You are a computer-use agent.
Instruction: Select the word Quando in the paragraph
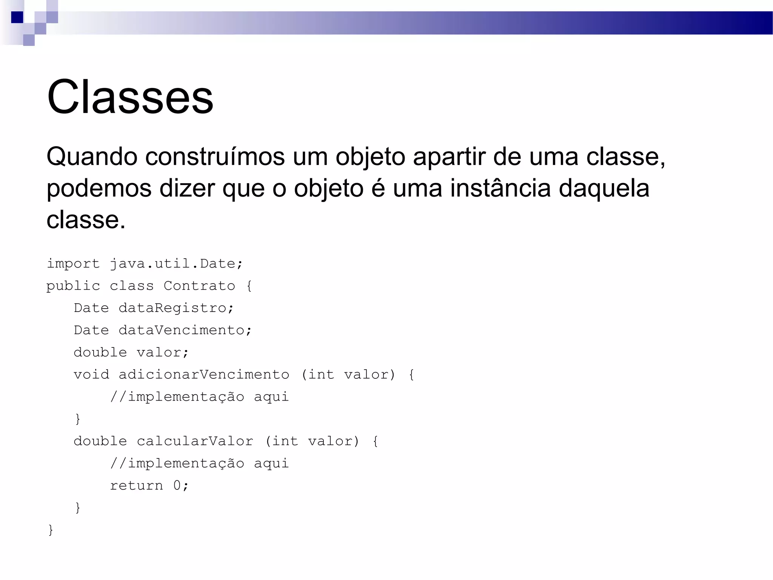(92, 156)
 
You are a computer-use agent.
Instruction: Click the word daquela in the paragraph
(604, 188)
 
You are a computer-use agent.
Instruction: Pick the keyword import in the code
(73, 264)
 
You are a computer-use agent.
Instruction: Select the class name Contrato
(199, 286)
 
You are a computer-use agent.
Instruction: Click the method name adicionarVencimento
(204, 375)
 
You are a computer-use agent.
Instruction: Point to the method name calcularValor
(195, 441)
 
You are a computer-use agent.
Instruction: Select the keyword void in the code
(91, 375)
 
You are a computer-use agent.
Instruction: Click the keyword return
(136, 486)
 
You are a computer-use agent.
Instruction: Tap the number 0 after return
(177, 486)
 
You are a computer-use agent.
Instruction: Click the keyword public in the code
(73, 286)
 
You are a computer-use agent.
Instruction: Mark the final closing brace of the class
(51, 530)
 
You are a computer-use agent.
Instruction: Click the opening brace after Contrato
(249, 286)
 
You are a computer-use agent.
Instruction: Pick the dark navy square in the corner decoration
(17, 17)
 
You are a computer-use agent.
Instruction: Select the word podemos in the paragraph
(99, 188)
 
